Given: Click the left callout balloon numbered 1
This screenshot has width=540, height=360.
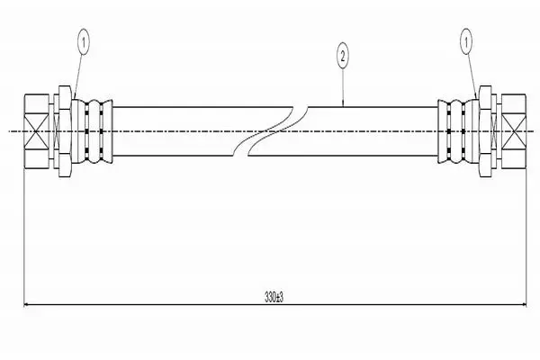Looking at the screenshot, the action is point(84,42).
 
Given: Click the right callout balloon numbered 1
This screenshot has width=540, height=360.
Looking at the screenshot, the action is point(466,41).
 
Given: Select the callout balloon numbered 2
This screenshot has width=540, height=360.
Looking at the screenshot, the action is point(342,56).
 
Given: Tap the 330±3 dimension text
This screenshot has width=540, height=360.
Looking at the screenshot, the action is point(274,296).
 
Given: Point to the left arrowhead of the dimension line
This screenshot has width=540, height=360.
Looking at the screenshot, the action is point(27,304).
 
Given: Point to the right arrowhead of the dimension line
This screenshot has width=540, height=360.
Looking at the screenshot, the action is point(524,304).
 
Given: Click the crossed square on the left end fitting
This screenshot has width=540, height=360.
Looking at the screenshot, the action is point(37,131).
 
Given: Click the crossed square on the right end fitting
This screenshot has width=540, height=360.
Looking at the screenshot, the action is point(514,131).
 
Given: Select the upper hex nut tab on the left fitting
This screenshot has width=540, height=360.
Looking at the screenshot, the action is point(65,98).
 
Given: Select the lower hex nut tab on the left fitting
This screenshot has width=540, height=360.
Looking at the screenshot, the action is point(65,165).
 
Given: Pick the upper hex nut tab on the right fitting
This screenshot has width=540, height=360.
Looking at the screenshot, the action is point(485,98).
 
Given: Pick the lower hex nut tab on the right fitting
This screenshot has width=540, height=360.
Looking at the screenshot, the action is point(485,165).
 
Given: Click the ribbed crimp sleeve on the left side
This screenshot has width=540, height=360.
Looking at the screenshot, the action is point(93,131).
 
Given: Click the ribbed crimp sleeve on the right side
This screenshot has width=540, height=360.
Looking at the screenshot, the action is point(458,131).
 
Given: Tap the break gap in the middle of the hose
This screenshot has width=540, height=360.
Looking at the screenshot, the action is point(271,131).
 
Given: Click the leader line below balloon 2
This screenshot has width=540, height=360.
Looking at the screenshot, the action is point(343,87).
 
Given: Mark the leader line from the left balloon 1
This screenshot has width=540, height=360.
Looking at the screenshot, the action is point(78,76).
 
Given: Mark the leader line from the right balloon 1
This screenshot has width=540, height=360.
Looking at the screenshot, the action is point(472,76).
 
